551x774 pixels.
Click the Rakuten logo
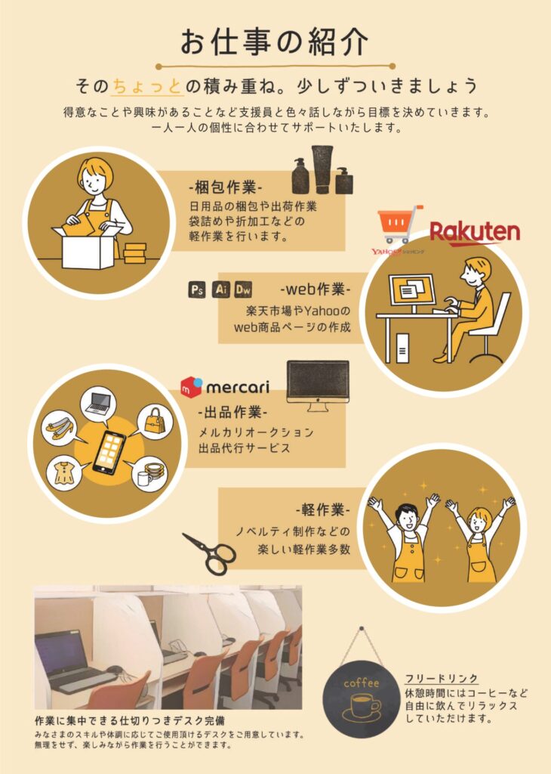[475, 233]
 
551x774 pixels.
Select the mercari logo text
[238, 386]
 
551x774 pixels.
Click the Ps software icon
[197, 289]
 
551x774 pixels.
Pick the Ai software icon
[221, 289]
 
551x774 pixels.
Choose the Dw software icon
[243, 289]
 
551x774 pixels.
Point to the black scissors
[210, 553]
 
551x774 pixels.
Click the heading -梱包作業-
[225, 187]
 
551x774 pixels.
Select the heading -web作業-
[316, 289]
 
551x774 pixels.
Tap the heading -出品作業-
[232, 412]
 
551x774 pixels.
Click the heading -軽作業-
[323, 509]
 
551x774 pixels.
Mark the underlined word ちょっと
[148, 86]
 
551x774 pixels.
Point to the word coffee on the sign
[362, 683]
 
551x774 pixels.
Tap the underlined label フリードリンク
[442, 678]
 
